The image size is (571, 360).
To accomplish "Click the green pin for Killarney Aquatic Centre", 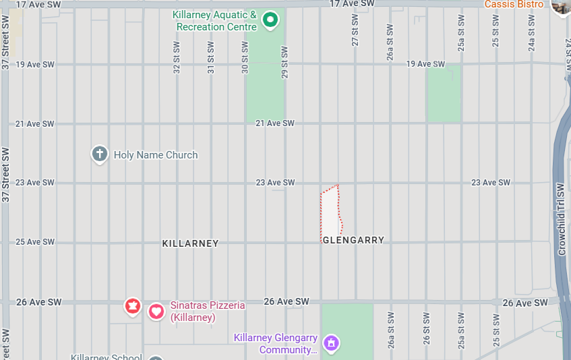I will (270, 20).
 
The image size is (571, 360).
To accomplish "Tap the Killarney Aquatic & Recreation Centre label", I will (215, 21).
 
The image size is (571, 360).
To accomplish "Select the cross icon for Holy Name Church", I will (100, 154).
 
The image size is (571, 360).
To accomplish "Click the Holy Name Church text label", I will (156, 155).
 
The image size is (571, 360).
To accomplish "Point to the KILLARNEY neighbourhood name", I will (190, 243).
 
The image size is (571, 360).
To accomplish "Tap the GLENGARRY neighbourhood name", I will (353, 240).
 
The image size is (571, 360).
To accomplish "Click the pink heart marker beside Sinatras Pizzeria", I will (156, 311).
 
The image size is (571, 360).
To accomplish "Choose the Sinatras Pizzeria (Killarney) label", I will (207, 311).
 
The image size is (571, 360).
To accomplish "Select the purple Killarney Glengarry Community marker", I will (331, 343).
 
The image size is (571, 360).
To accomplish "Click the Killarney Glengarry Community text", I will (275, 343).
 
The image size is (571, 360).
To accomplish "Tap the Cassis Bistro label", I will (514, 4).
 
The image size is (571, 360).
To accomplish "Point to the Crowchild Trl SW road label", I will (560, 219).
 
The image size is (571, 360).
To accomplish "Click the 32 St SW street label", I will (177, 57).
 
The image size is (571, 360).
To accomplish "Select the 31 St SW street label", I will (210, 57).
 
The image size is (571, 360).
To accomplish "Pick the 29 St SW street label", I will (284, 61).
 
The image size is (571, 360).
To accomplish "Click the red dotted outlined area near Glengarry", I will (330, 212).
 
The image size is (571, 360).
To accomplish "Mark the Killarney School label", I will (106, 357).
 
